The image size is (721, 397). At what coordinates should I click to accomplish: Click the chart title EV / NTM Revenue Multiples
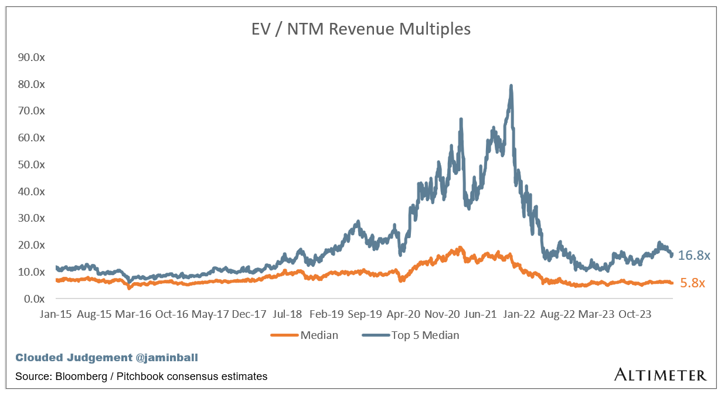point(360,29)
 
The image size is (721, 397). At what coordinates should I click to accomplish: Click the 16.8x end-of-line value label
point(694,256)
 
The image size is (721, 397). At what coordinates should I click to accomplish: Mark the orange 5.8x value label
point(692,283)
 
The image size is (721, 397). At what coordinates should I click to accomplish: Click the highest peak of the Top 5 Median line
point(511,86)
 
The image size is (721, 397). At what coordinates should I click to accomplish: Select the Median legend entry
point(319,335)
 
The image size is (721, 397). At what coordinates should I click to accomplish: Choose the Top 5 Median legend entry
point(425,335)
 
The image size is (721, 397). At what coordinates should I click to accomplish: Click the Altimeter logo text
point(660,375)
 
